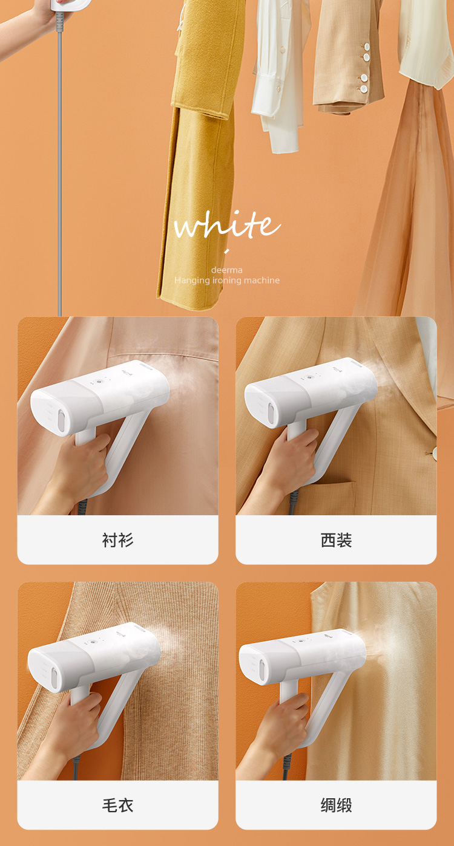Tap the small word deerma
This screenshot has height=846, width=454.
pyautogui.click(x=227, y=270)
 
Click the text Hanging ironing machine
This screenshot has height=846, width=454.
pyautogui.click(x=227, y=280)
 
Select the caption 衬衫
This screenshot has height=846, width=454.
pyautogui.click(x=117, y=540)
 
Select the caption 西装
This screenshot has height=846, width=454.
pyautogui.click(x=336, y=540)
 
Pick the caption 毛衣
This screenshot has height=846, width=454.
pyautogui.click(x=117, y=805)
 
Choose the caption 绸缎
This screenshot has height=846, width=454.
pyautogui.click(x=336, y=805)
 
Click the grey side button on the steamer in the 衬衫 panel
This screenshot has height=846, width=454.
pyautogui.click(x=61, y=421)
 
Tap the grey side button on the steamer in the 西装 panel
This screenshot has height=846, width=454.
pyautogui.click(x=271, y=412)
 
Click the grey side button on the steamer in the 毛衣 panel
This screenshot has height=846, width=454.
pyautogui.click(x=55, y=678)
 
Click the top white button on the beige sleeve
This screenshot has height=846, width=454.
pyautogui.click(x=366, y=47)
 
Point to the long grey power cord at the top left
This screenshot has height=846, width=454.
pyautogui.click(x=60, y=166)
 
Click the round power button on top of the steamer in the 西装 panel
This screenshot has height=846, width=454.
pyautogui.click(x=308, y=377)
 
